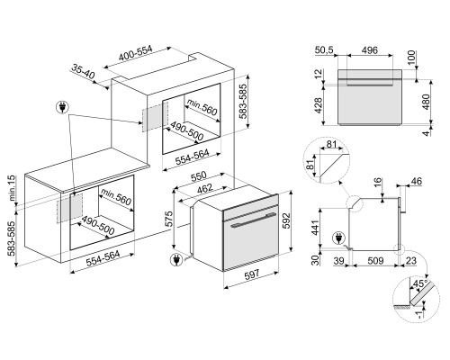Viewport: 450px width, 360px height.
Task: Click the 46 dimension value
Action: [416, 183]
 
